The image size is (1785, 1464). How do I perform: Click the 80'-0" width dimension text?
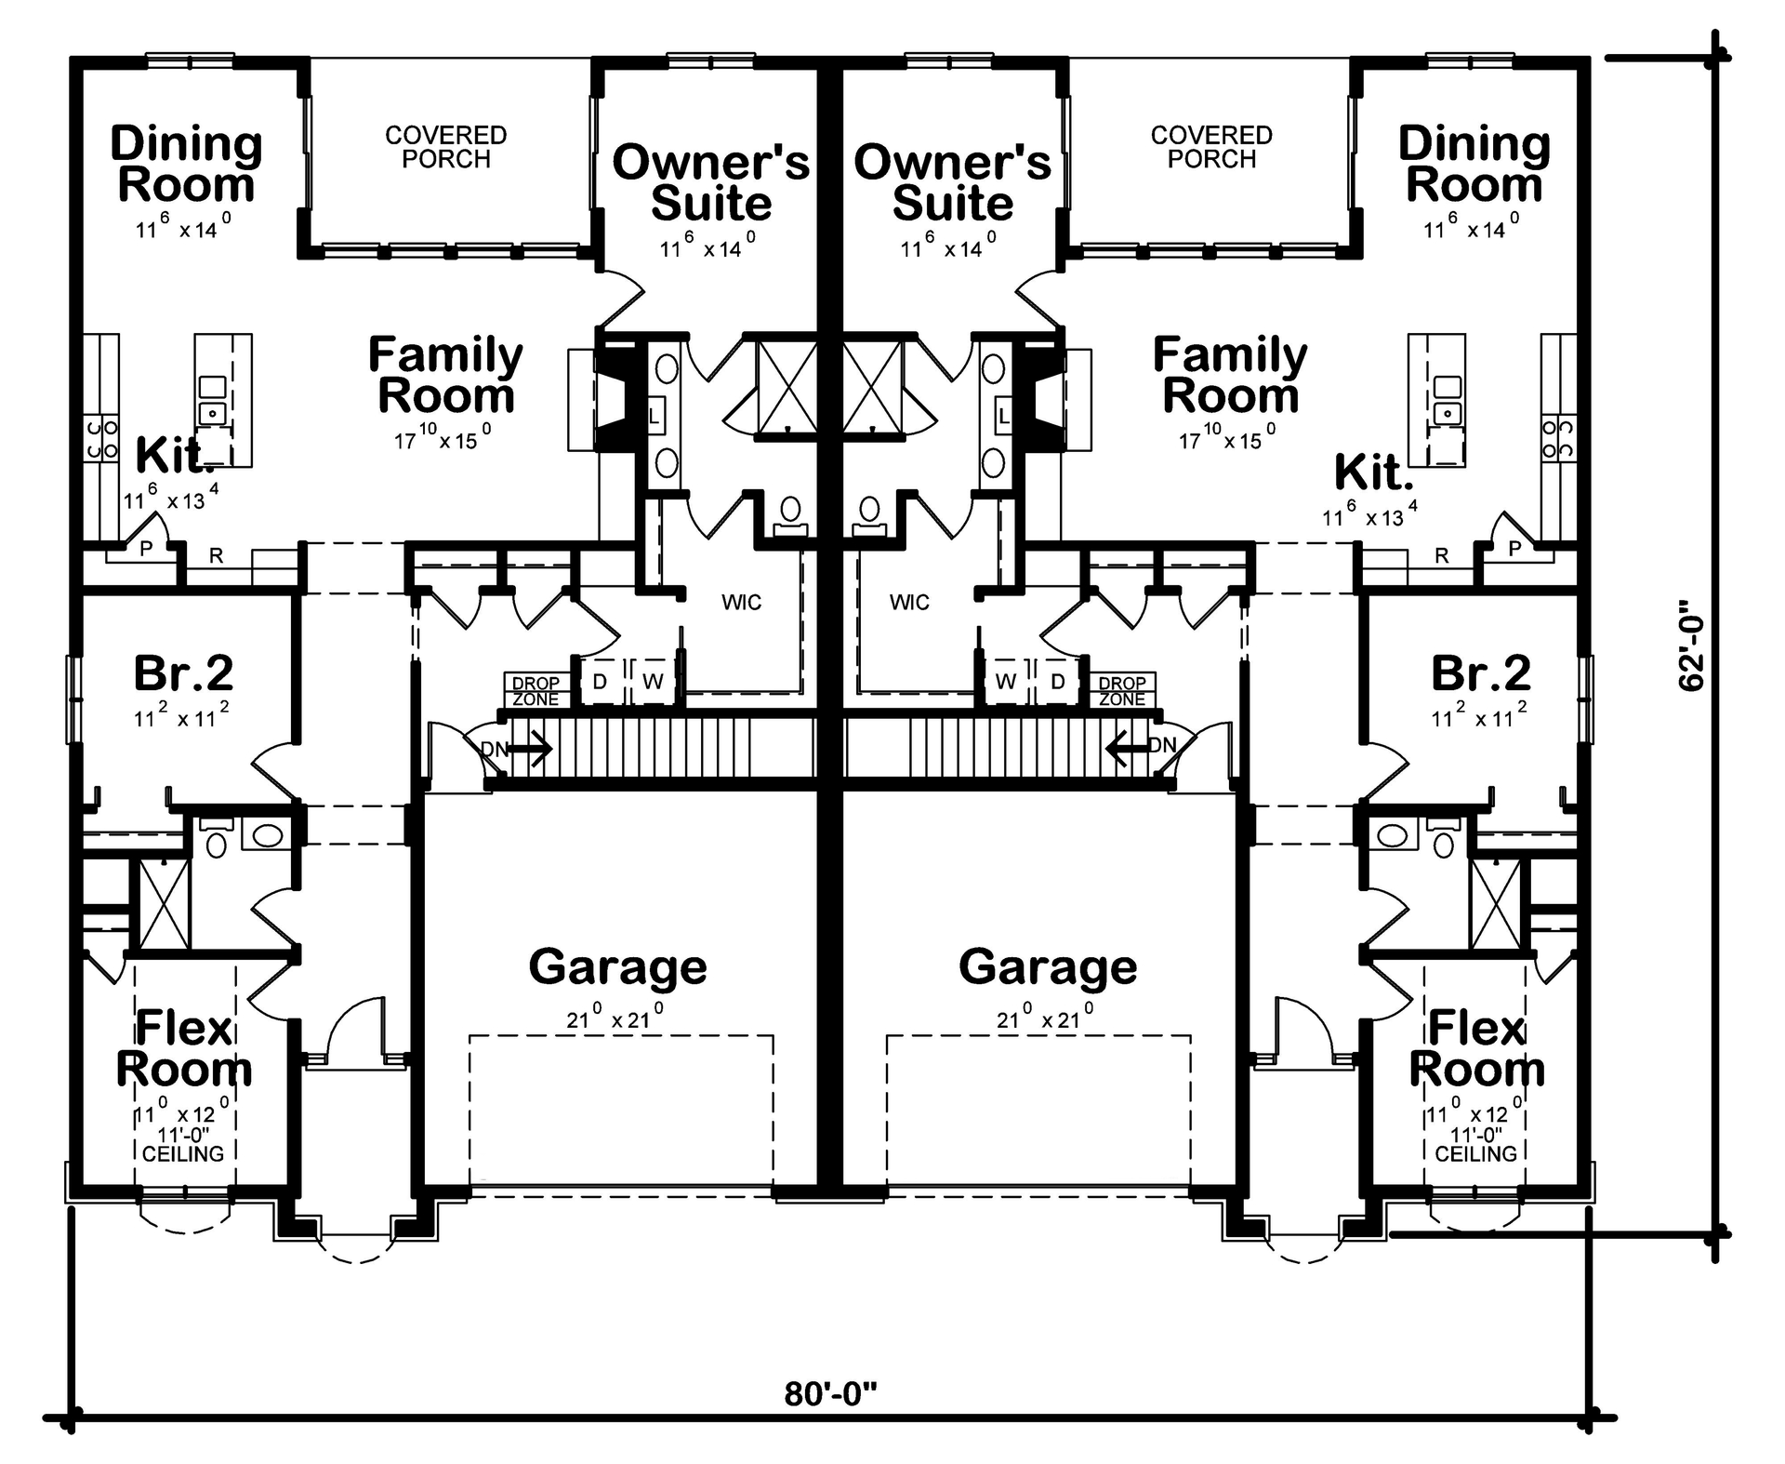pyautogui.click(x=830, y=1393)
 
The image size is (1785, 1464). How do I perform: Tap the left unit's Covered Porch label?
pyautogui.click(x=446, y=147)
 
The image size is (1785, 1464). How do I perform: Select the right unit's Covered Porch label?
pyautogui.click(x=1211, y=147)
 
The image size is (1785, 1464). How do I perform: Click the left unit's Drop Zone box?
pyautogui.click(x=536, y=691)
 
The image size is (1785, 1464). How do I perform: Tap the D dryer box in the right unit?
pyautogui.click(x=1057, y=682)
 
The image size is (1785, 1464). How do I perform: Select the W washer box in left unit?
pyautogui.click(x=653, y=682)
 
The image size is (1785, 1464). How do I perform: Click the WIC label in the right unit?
pyautogui.click(x=908, y=603)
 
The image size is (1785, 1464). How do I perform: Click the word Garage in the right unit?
pyautogui.click(x=1048, y=967)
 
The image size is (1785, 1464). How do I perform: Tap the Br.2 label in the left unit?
pyautogui.click(x=183, y=673)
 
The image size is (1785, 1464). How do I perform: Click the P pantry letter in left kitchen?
pyautogui.click(x=146, y=549)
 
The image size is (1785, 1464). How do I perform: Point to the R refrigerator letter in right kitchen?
pyautogui.click(x=1441, y=555)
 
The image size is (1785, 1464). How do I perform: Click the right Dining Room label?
pyautogui.click(x=1474, y=165)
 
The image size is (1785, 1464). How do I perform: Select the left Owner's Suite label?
pyautogui.click(x=711, y=182)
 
